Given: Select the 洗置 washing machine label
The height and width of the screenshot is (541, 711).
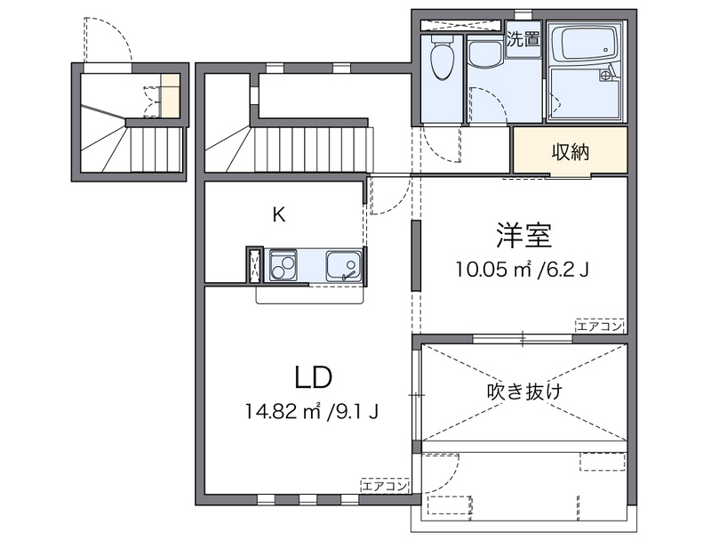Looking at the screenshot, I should (x=523, y=39).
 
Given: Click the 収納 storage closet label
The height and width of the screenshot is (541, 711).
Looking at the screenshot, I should (x=570, y=152).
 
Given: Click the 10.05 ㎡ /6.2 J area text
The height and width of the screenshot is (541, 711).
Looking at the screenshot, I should (x=522, y=268).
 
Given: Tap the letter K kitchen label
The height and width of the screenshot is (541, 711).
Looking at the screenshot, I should (x=278, y=214).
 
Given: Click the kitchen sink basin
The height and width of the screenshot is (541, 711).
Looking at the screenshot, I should (x=342, y=265).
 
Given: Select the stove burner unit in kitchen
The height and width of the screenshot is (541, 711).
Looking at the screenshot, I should (x=284, y=265).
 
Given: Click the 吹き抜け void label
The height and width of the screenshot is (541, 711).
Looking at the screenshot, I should (x=524, y=391).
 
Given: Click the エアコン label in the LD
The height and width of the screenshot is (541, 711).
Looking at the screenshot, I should (x=385, y=486).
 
